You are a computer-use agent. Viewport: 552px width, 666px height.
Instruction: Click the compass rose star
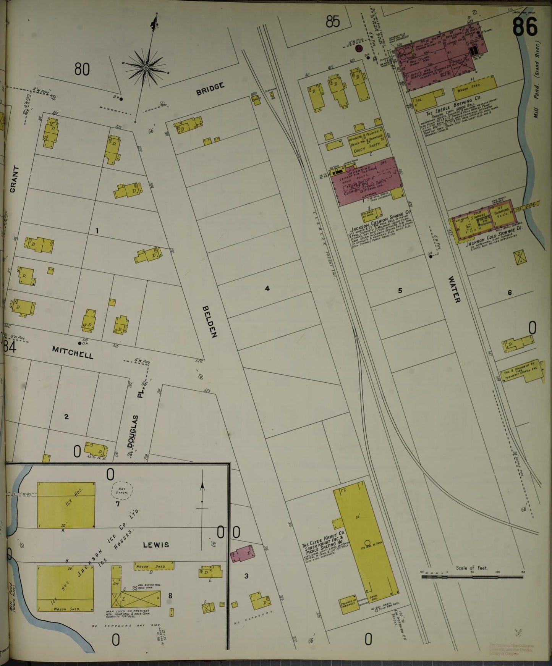click(146, 68)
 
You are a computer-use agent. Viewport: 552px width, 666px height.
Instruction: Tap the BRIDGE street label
click(210, 89)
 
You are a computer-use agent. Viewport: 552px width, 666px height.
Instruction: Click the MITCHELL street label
click(73, 352)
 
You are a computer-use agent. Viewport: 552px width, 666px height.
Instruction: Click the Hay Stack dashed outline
click(122, 490)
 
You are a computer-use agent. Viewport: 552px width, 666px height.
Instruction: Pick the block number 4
click(267, 289)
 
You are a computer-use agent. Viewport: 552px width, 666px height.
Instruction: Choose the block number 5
click(400, 291)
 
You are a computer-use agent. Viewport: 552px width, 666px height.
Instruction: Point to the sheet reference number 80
click(82, 70)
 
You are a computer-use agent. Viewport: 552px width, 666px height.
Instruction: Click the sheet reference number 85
click(333, 22)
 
